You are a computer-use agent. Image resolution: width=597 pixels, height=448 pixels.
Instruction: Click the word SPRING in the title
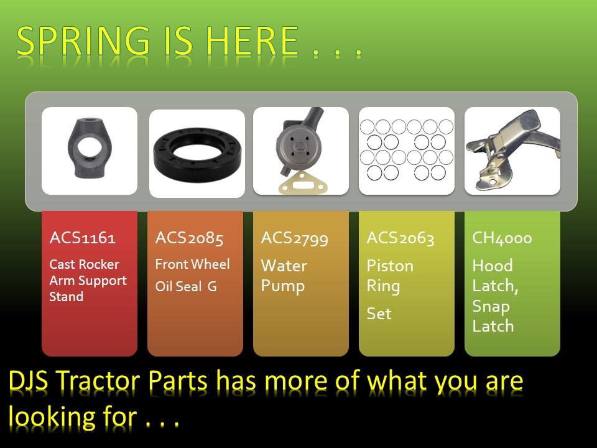pyautogui.click(x=83, y=41)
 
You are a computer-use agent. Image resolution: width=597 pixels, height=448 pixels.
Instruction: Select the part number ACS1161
pyautogui.click(x=82, y=238)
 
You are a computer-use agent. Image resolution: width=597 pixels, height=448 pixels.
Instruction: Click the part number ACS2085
pyautogui.click(x=189, y=238)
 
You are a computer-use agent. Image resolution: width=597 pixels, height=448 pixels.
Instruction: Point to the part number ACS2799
pyautogui.click(x=294, y=238)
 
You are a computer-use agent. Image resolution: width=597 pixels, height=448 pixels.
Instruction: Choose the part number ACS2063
pyautogui.click(x=400, y=238)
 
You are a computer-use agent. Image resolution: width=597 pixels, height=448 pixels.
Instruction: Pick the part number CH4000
pyautogui.click(x=502, y=238)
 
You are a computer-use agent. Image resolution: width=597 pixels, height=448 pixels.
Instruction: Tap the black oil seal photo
pyautogui.click(x=197, y=153)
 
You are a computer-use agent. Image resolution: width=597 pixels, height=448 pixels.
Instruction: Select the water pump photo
pyautogui.click(x=301, y=151)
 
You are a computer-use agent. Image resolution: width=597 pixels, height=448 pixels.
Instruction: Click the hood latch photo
pyautogui.click(x=512, y=151)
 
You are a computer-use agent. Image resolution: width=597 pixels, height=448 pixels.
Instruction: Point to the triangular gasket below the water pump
pyautogui.click(x=303, y=184)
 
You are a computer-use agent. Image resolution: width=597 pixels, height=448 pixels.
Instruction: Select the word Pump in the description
pyautogui.click(x=282, y=286)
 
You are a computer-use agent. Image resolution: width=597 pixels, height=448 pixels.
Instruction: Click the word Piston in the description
pyautogui.click(x=390, y=266)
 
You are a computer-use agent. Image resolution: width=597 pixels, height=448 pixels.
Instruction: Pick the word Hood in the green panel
pyautogui.click(x=493, y=266)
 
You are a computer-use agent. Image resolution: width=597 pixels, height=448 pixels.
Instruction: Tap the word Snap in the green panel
pyautogui.click(x=491, y=307)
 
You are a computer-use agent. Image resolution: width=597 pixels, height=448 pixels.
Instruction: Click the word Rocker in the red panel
pyautogui.click(x=100, y=264)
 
